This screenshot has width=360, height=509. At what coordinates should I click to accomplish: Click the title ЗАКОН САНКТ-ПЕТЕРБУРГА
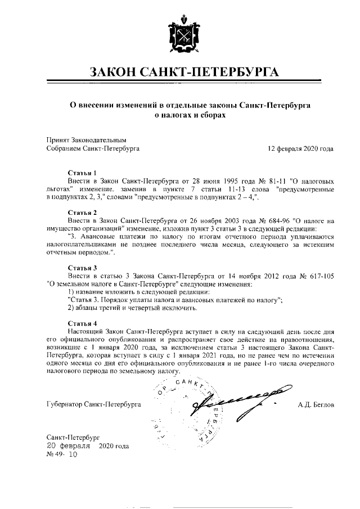point(179,73)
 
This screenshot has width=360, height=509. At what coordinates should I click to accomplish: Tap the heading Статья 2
point(82,213)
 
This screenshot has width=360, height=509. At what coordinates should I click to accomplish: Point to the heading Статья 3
point(82,268)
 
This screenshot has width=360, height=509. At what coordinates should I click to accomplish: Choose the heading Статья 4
point(82,323)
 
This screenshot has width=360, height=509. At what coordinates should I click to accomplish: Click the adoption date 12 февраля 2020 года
point(301,149)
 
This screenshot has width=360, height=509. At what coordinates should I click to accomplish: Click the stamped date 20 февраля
point(68,445)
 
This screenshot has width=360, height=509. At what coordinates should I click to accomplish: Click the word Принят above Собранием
point(57,139)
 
